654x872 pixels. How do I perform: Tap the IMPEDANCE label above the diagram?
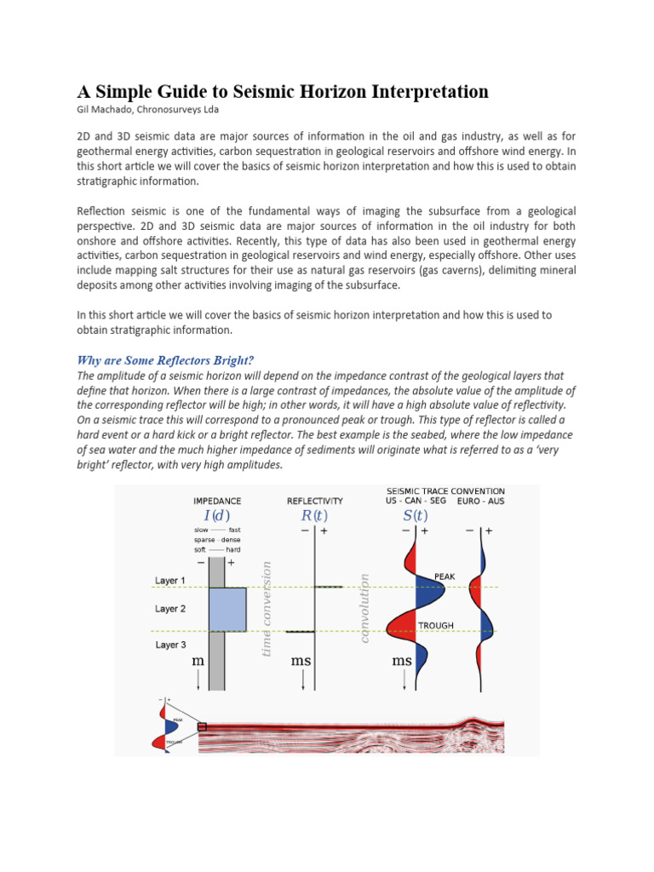tap(217, 502)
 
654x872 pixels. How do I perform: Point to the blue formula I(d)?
tap(217, 516)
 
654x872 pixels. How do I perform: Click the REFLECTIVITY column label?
tap(315, 502)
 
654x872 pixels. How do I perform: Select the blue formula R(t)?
tap(314, 516)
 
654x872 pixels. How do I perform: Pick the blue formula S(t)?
tap(415, 516)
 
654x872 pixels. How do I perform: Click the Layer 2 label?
tap(170, 609)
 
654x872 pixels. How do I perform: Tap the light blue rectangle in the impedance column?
tap(227, 609)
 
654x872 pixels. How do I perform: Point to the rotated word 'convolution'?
tap(364, 608)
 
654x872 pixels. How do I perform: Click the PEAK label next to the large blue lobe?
tap(445, 577)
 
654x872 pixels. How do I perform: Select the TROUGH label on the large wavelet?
tap(435, 626)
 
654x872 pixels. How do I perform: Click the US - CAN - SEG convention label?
tap(416, 502)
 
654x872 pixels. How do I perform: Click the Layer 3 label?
tap(170, 645)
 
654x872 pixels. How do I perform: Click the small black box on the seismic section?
tap(202, 726)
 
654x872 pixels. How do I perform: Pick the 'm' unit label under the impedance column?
tap(198, 662)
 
